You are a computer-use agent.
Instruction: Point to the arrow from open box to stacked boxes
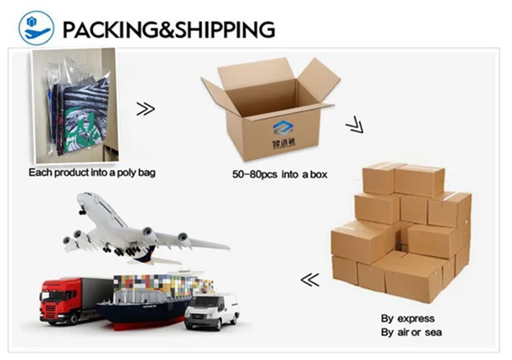pos(355,126)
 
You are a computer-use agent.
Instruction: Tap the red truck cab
pos(58,296)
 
